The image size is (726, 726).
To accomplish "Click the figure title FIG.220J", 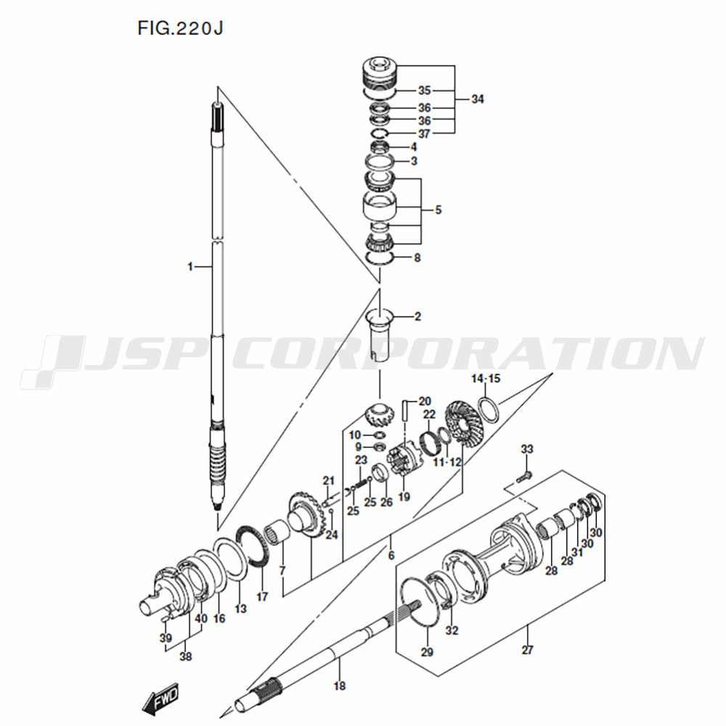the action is [x=180, y=29].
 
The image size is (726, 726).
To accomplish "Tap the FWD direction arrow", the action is [x=160, y=698].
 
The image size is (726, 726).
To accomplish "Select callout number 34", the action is [x=478, y=99].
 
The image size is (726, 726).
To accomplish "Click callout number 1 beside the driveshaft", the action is [x=189, y=266].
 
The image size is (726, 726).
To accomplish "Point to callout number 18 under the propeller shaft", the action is [x=339, y=686].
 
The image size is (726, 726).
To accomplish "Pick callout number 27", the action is [x=527, y=650].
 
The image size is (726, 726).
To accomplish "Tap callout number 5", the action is [x=438, y=211].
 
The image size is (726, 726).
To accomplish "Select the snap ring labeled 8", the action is [x=379, y=258].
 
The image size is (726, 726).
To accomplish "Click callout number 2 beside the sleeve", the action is [x=417, y=317].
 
